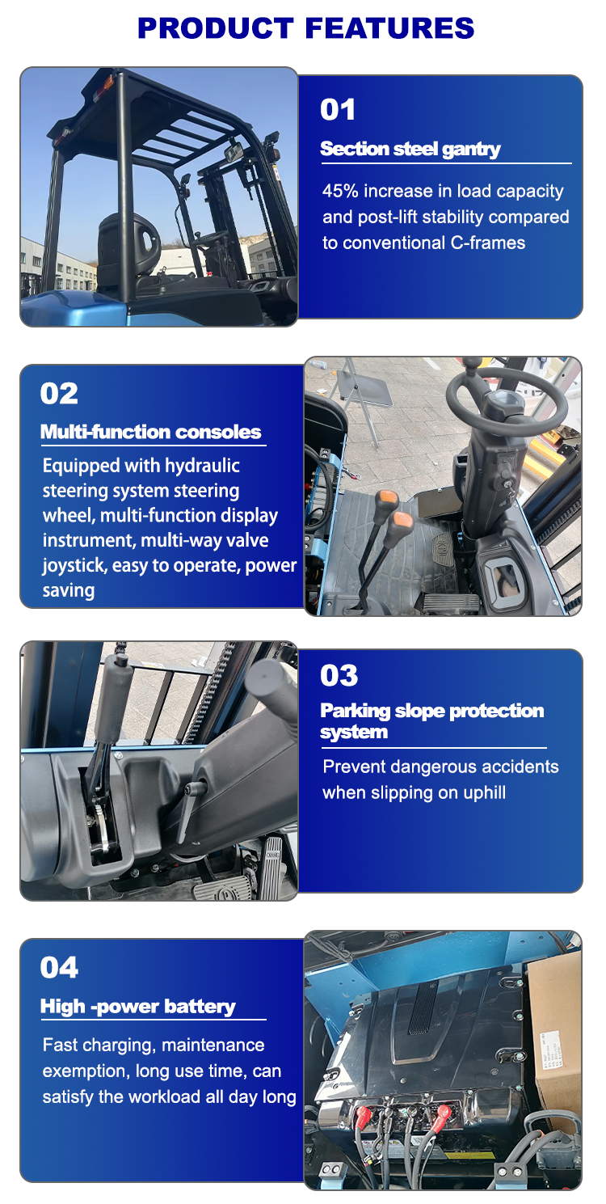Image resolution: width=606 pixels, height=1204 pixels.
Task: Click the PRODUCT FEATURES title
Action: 305,28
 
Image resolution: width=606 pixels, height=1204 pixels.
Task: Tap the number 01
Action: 338,110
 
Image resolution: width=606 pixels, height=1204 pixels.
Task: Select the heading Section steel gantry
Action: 410,149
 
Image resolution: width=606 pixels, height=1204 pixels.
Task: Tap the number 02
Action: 59,394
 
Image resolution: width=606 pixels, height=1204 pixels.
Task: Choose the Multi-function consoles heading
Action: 151,432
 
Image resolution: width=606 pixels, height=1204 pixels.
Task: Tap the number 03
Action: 339,676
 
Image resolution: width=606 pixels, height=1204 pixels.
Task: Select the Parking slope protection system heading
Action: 432,721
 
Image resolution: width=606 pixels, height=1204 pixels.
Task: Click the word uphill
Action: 482,792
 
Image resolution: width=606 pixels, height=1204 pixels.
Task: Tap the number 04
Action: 59,968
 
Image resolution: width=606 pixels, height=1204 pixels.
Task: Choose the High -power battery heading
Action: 138,1007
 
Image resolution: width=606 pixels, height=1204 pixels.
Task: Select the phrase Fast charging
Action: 99,1046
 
